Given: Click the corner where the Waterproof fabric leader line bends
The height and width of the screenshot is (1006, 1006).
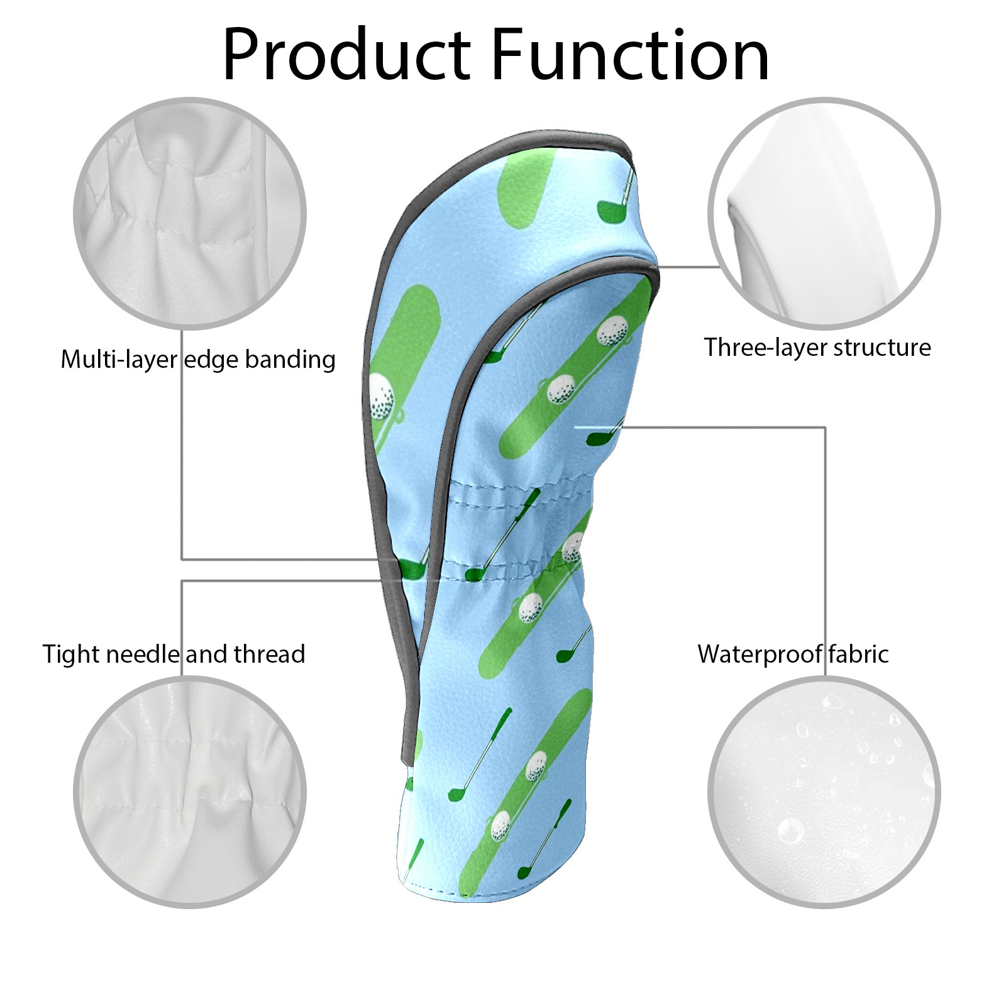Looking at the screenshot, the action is click(x=825, y=428).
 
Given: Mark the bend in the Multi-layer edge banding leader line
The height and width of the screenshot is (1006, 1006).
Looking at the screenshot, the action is click(x=182, y=559).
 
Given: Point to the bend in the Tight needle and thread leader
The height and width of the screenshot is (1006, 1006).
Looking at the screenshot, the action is click(x=182, y=580).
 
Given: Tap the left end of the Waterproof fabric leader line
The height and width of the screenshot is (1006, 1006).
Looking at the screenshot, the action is click(x=576, y=428).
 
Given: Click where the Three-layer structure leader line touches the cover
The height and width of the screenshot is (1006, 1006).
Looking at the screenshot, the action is click(x=658, y=267).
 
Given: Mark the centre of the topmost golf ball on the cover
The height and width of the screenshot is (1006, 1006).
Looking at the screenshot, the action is click(x=611, y=331).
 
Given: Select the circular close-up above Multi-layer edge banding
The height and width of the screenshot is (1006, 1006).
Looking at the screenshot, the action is click(x=190, y=213).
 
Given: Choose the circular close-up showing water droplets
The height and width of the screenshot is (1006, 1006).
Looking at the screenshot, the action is click(x=824, y=792).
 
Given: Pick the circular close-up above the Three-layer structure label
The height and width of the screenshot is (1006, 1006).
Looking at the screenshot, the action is click(x=824, y=213).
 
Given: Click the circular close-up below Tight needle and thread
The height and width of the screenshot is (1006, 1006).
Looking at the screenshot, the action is click(x=190, y=792).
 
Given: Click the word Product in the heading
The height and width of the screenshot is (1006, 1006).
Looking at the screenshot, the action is click(x=347, y=55).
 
